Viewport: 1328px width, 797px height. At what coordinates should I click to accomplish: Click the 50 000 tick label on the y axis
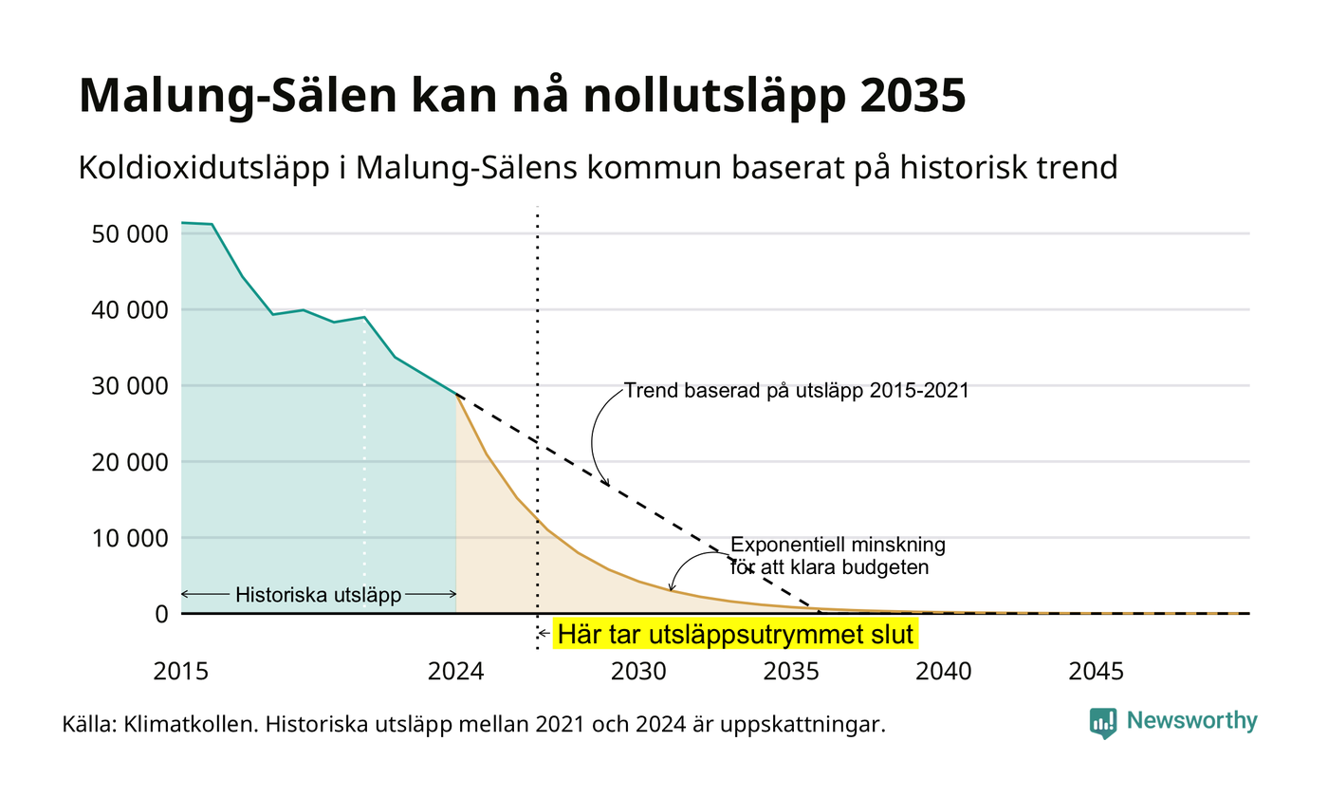click(130, 234)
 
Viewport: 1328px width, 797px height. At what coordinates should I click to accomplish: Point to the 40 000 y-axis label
click(130, 310)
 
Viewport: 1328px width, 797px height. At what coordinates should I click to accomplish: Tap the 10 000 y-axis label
click(130, 539)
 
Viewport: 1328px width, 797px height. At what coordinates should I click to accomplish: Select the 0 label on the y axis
click(162, 615)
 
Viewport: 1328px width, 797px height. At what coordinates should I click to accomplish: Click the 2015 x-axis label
click(181, 672)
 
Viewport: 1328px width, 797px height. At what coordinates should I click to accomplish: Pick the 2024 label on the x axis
click(456, 672)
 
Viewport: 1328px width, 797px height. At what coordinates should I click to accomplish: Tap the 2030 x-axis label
click(639, 672)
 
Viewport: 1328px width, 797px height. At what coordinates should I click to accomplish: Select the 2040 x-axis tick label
click(944, 672)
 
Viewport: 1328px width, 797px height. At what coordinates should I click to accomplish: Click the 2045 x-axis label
click(1097, 672)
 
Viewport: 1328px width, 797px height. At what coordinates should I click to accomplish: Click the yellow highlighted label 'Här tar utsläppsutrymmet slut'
click(735, 634)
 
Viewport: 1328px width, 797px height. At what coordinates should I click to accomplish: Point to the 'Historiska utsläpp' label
click(319, 595)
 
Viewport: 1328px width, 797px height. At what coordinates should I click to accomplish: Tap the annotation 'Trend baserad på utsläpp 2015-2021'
click(796, 391)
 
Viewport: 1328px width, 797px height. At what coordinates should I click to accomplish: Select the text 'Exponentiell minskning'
click(838, 545)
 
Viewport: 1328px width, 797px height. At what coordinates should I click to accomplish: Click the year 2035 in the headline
click(913, 95)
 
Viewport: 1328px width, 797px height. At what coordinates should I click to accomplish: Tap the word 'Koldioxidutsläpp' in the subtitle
click(204, 168)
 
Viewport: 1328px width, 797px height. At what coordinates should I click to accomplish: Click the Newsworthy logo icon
click(1102, 723)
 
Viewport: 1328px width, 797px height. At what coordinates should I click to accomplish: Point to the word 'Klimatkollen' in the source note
click(191, 724)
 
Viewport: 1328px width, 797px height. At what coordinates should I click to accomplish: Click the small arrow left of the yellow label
click(544, 634)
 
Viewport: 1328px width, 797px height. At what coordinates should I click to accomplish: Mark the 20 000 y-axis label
click(130, 463)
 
